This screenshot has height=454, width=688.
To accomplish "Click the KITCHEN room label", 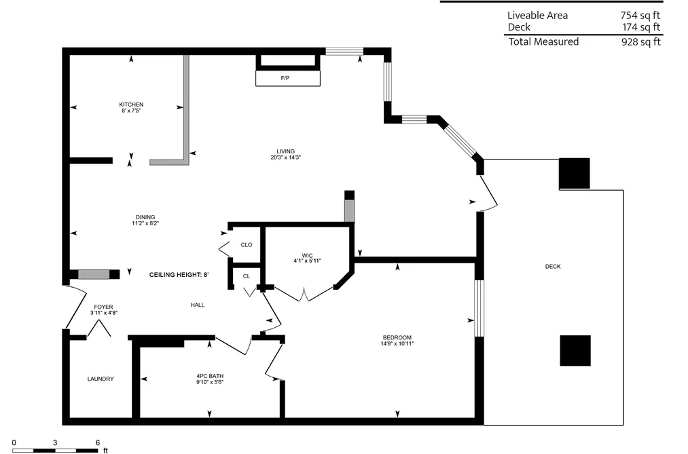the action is (x=131, y=105).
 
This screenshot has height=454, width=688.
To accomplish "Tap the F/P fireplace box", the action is (x=288, y=78).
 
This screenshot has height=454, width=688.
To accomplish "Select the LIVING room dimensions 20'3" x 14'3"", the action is (x=286, y=157).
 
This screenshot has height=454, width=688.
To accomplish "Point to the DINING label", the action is (x=145, y=217).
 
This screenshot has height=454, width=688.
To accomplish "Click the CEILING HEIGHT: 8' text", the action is (x=179, y=275).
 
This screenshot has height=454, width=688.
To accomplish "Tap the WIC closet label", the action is (x=307, y=255).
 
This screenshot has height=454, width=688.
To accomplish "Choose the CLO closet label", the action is (x=247, y=245).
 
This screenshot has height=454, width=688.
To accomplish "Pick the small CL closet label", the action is (x=247, y=276).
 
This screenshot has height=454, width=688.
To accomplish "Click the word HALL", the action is (x=198, y=305).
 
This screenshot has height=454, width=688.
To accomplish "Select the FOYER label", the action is (x=103, y=307).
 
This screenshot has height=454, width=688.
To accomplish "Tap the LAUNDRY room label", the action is (x=101, y=379).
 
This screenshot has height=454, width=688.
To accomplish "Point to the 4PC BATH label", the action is (x=210, y=376).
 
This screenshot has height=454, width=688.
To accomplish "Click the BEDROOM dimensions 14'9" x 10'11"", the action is (x=397, y=344).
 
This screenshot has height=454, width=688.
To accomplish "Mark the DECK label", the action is (x=553, y=267).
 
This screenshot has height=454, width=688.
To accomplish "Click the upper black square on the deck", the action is (x=575, y=174).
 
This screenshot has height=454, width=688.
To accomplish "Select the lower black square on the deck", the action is (x=575, y=351).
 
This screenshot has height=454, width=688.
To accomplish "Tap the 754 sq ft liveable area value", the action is (x=640, y=16).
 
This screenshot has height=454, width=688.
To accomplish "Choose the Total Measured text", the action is (x=543, y=41).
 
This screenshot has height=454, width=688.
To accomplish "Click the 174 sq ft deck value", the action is (x=641, y=27).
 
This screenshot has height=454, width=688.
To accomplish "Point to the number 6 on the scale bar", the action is (x=97, y=442).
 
